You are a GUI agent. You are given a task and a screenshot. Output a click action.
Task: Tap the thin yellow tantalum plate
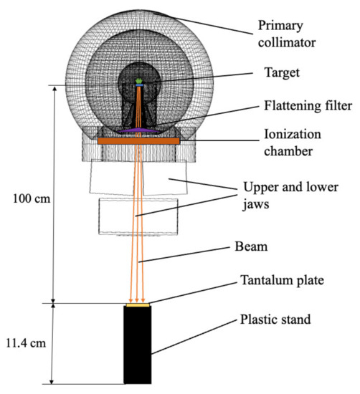137,305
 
